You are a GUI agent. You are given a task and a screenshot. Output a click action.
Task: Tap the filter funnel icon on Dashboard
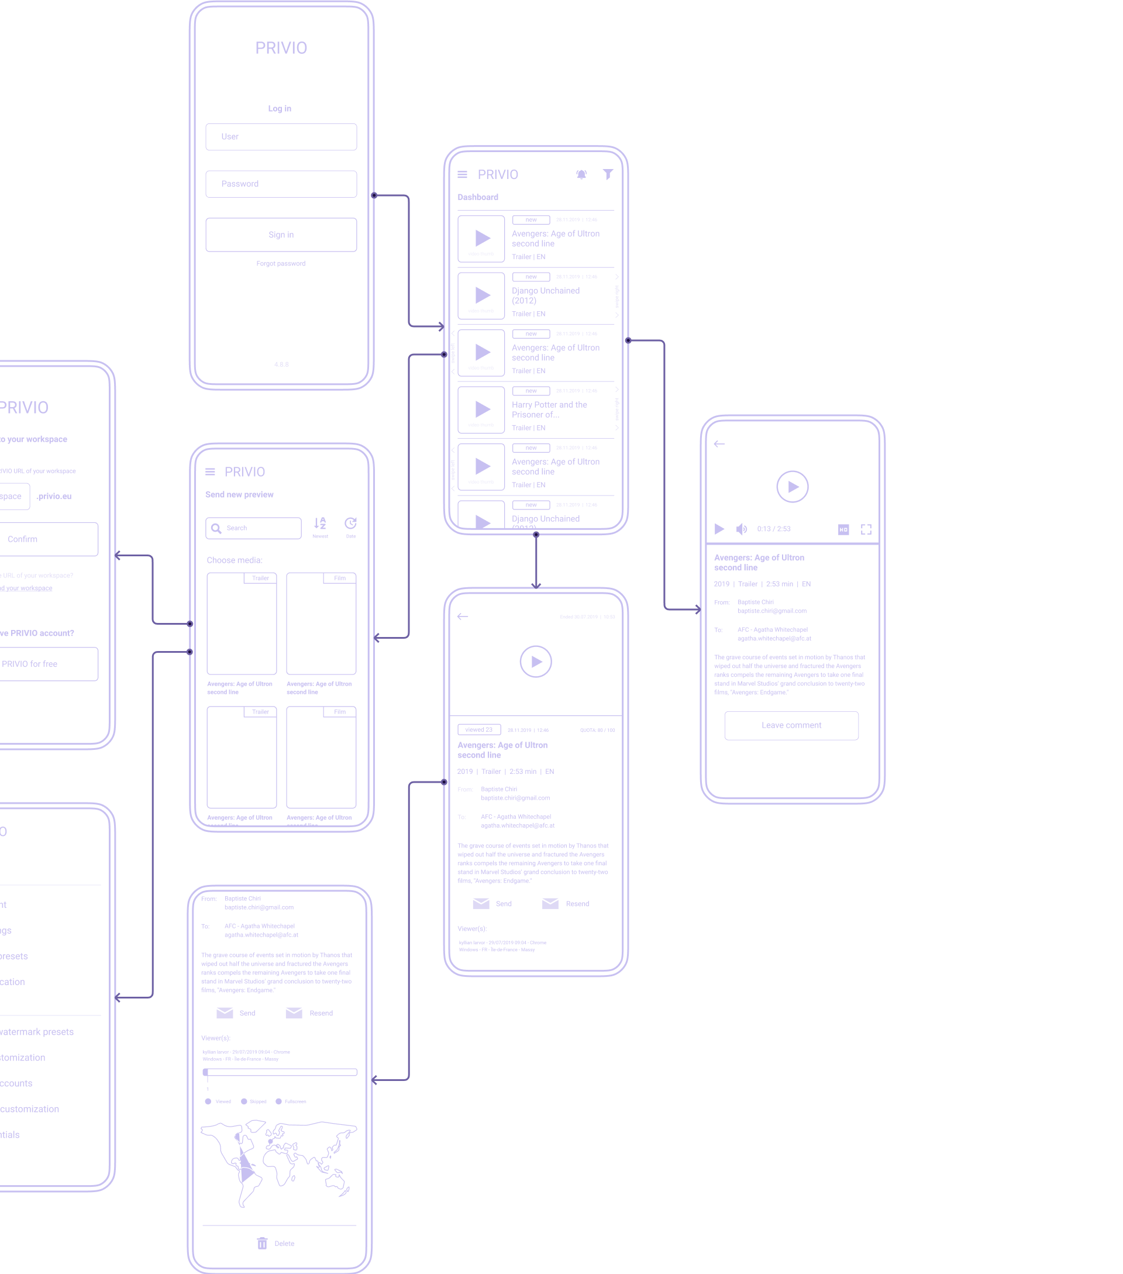point(608,174)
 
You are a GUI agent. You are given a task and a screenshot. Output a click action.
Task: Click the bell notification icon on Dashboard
point(581,174)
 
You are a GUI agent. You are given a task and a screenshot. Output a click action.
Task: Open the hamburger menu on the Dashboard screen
point(463,174)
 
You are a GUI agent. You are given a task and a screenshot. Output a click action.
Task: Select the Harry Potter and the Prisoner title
point(549,409)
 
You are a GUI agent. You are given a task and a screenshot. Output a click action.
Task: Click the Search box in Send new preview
point(254,528)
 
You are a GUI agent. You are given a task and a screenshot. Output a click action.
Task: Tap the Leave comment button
point(791,725)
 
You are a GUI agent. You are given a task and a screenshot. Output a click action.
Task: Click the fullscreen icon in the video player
point(866,529)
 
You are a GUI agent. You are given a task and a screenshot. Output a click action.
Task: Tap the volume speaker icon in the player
point(741,529)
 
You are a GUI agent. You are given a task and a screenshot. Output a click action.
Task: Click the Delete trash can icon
point(263,1244)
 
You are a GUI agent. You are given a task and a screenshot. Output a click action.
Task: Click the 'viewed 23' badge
point(478,729)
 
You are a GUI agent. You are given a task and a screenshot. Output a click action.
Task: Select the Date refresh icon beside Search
point(350,524)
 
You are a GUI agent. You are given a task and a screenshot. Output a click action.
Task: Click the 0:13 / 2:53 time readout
point(773,529)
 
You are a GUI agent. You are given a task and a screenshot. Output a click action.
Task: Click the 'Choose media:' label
point(235,560)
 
